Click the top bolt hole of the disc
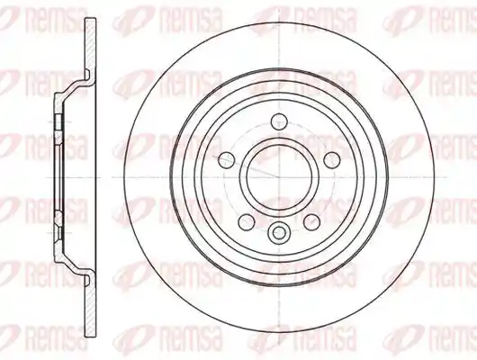(x=279, y=121)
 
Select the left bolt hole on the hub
(x=227, y=160)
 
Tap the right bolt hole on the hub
(x=331, y=160)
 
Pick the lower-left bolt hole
(x=247, y=221)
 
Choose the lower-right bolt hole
(x=311, y=221)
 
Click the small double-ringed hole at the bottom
(x=279, y=233)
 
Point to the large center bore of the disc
(x=279, y=176)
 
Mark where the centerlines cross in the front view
(x=279, y=176)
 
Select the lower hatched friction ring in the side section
(x=90, y=305)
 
